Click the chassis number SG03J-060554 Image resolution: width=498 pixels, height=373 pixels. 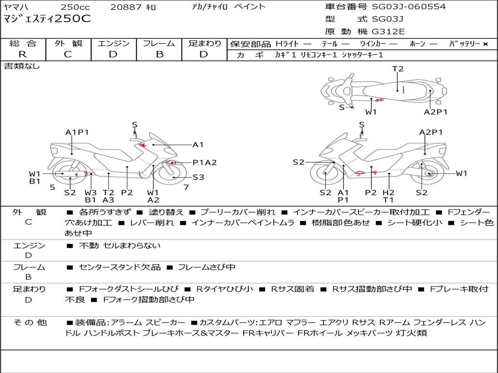[409, 7]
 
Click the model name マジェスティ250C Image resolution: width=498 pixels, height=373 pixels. [47, 19]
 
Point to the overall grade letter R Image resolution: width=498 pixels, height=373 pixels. [22, 54]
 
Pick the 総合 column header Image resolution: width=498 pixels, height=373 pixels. [22, 43]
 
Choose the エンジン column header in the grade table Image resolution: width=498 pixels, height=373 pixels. [113, 43]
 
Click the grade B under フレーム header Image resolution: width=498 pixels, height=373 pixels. [159, 54]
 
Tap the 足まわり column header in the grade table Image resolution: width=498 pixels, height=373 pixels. [204, 43]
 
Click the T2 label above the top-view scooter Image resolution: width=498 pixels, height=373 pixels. [398, 69]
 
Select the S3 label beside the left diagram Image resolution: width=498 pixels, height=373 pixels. [198, 177]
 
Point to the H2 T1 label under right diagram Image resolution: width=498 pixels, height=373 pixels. [388, 196]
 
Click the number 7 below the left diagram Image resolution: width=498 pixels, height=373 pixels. [186, 187]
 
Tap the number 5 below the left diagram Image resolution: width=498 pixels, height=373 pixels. [52, 187]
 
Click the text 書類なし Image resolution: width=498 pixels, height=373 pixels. [22, 66]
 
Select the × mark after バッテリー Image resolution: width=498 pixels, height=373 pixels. [485, 44]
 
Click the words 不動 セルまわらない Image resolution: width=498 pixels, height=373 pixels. [120, 246]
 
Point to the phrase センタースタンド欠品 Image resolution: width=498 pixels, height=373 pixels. [120, 267]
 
